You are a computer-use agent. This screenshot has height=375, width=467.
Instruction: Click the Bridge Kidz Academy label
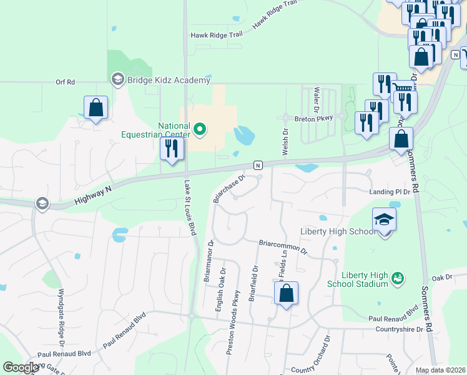pos(169,80)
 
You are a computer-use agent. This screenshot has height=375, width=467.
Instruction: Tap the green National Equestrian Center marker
pos(200,130)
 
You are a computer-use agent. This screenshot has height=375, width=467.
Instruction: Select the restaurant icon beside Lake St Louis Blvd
pos(172,149)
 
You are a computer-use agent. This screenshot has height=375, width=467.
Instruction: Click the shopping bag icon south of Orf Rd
pos(96,109)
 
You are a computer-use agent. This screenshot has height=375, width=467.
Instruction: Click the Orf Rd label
pos(65,82)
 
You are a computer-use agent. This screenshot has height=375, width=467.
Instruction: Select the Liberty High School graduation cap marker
pos(384,220)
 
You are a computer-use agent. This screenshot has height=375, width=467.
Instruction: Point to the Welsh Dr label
pos(285,142)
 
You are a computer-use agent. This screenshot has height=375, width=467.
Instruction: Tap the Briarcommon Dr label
pos(283,246)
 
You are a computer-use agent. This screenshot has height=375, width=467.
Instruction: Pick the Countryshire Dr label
pos(403,328)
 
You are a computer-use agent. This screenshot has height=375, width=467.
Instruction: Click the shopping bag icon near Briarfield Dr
pos(286,293)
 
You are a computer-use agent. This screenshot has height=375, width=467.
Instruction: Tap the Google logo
pos(21,367)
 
